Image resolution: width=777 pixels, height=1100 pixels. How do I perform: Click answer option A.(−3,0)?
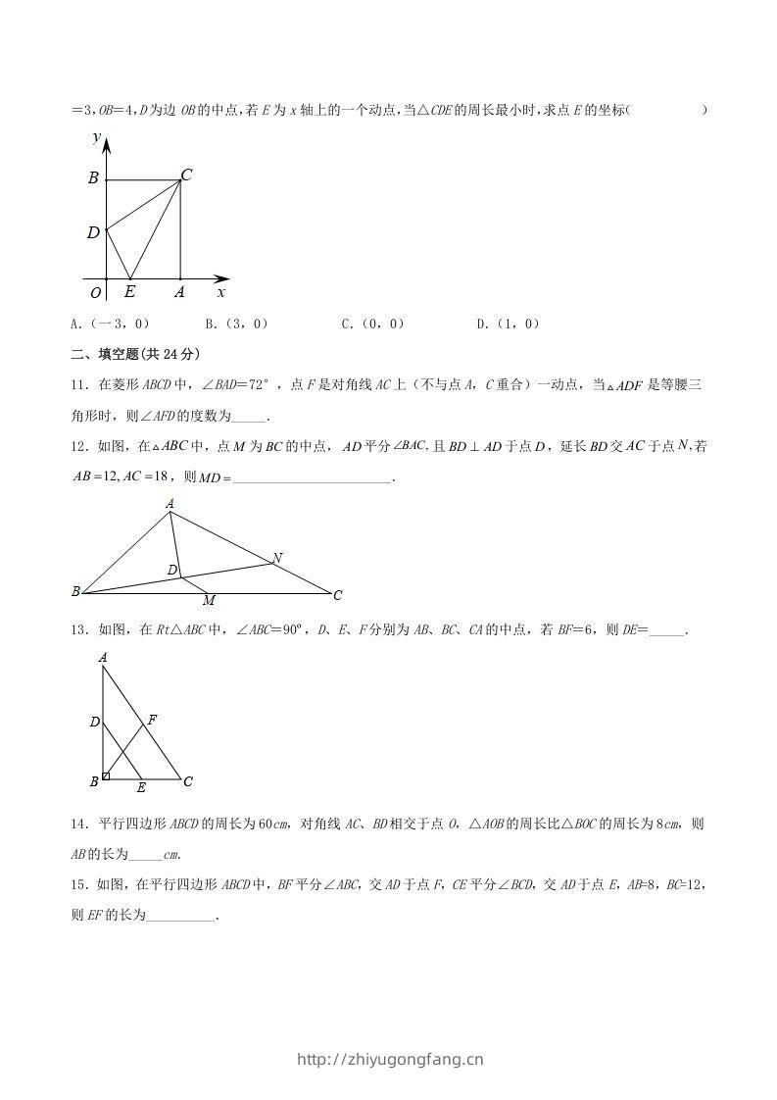pyautogui.click(x=109, y=324)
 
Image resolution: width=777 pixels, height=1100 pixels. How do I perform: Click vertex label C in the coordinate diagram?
pyautogui.click(x=186, y=175)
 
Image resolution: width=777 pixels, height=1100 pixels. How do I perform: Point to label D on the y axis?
pyautogui.click(x=93, y=232)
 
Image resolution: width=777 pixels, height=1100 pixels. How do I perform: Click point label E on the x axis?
pyautogui.click(x=130, y=291)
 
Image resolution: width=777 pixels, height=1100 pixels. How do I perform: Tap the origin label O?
pyautogui.click(x=96, y=292)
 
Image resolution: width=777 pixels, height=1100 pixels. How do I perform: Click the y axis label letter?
pyautogui.click(x=96, y=138)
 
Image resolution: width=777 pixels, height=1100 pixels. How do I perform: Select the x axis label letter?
pyautogui.click(x=221, y=291)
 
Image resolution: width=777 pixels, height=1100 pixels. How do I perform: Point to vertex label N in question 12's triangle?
pyautogui.click(x=277, y=558)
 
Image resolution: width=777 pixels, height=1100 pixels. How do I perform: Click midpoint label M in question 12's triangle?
pyautogui.click(x=209, y=600)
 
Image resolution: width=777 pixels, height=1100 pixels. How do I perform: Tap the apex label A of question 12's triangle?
pyautogui.click(x=170, y=504)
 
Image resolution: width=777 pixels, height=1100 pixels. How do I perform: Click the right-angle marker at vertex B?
pyautogui.click(x=106, y=776)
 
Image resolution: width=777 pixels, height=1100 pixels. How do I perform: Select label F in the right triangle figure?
pyautogui.click(x=152, y=720)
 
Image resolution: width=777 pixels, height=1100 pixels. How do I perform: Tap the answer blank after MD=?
pyautogui.click(x=313, y=477)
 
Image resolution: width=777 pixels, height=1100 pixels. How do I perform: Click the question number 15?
pyautogui.click(x=79, y=884)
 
